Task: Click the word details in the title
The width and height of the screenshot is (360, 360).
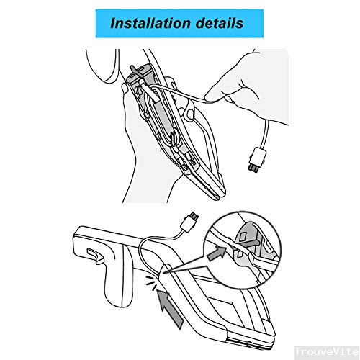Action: (x=217, y=23)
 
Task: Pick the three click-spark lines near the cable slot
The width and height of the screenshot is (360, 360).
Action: (x=149, y=282)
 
